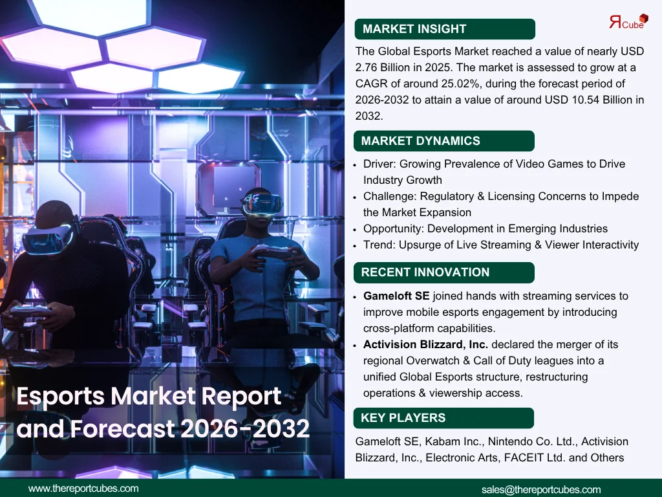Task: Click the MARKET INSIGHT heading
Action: [414, 28]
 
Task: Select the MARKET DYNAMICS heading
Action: [420, 140]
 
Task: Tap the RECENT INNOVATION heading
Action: [425, 272]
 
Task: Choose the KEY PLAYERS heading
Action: [403, 417]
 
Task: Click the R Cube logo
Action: [628, 21]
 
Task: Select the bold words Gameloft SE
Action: [396, 296]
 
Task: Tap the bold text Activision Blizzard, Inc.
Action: [425, 344]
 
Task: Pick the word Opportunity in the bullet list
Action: [393, 228]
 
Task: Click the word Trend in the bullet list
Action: [379, 245]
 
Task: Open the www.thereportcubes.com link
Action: [83, 489]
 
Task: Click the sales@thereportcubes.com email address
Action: [541, 490]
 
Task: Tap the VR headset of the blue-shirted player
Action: [262, 204]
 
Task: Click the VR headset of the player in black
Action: [47, 238]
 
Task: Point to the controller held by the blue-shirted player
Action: [272, 252]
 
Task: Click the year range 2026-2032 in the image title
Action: [245, 428]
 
